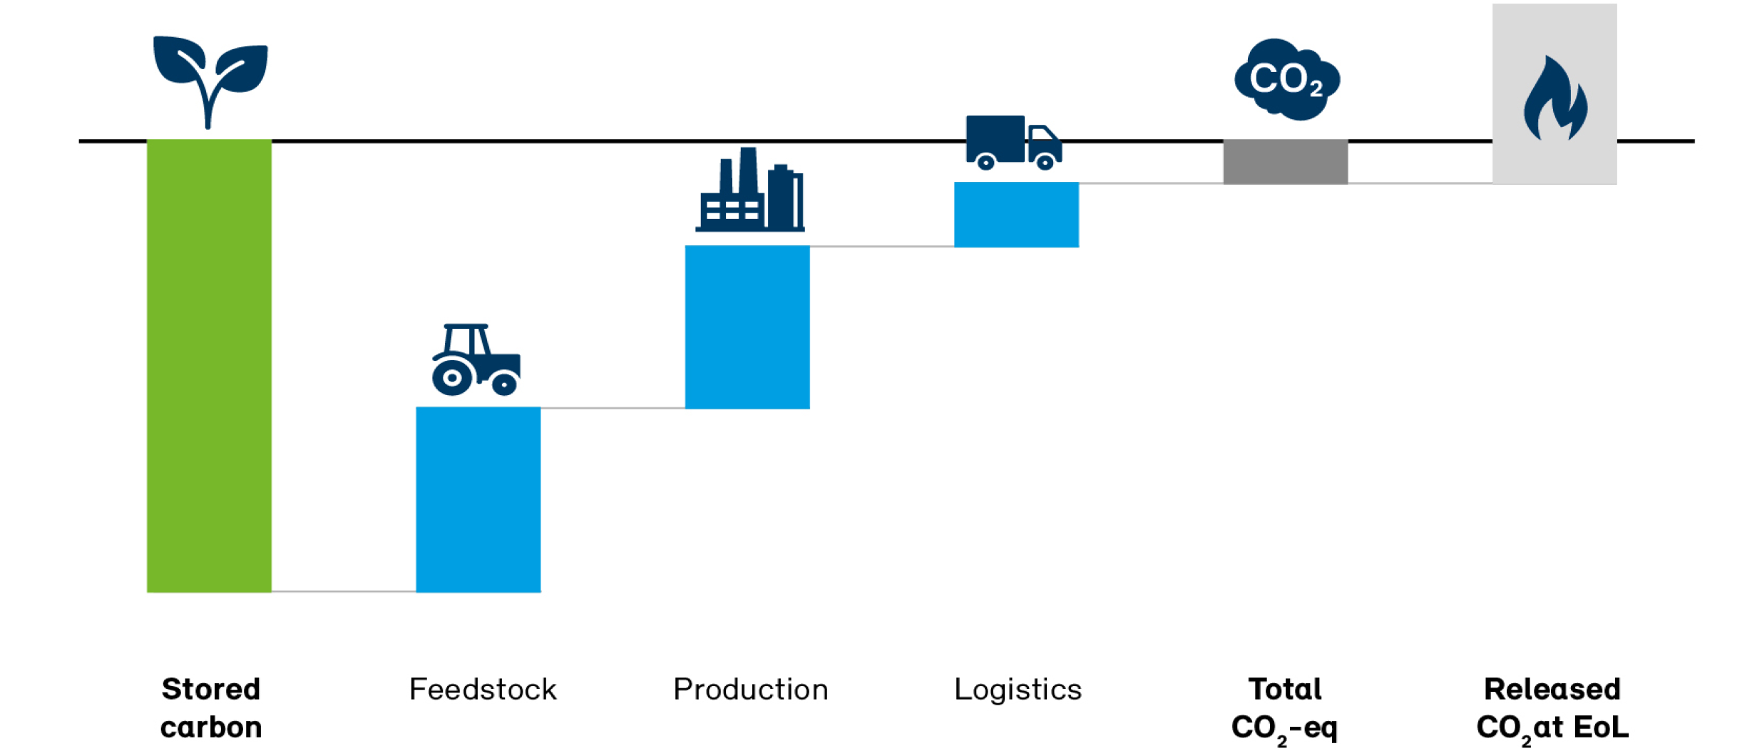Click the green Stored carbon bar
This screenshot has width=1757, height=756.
[x=209, y=365]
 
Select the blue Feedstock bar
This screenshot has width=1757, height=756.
[x=478, y=499]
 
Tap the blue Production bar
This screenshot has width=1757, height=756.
[x=747, y=327]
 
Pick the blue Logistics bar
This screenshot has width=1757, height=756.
[x=1016, y=215]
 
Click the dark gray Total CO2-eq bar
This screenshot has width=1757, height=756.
[x=1285, y=162]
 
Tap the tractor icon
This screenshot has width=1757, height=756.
[x=476, y=359]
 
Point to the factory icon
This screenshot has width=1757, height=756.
[x=750, y=190]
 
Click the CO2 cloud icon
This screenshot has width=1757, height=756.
[x=1286, y=79]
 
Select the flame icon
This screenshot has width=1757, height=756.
[x=1555, y=100]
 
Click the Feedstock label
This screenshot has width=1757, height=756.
[x=483, y=690]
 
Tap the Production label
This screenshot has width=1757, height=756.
[x=751, y=690]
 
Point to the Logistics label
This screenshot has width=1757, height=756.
[x=1018, y=690]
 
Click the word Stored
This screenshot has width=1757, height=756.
[x=211, y=690]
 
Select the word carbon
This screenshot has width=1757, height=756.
[x=211, y=727]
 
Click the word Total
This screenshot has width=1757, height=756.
[x=1285, y=690]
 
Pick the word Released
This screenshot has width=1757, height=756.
[x=1552, y=690]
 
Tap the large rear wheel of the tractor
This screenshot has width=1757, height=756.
[x=452, y=377]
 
